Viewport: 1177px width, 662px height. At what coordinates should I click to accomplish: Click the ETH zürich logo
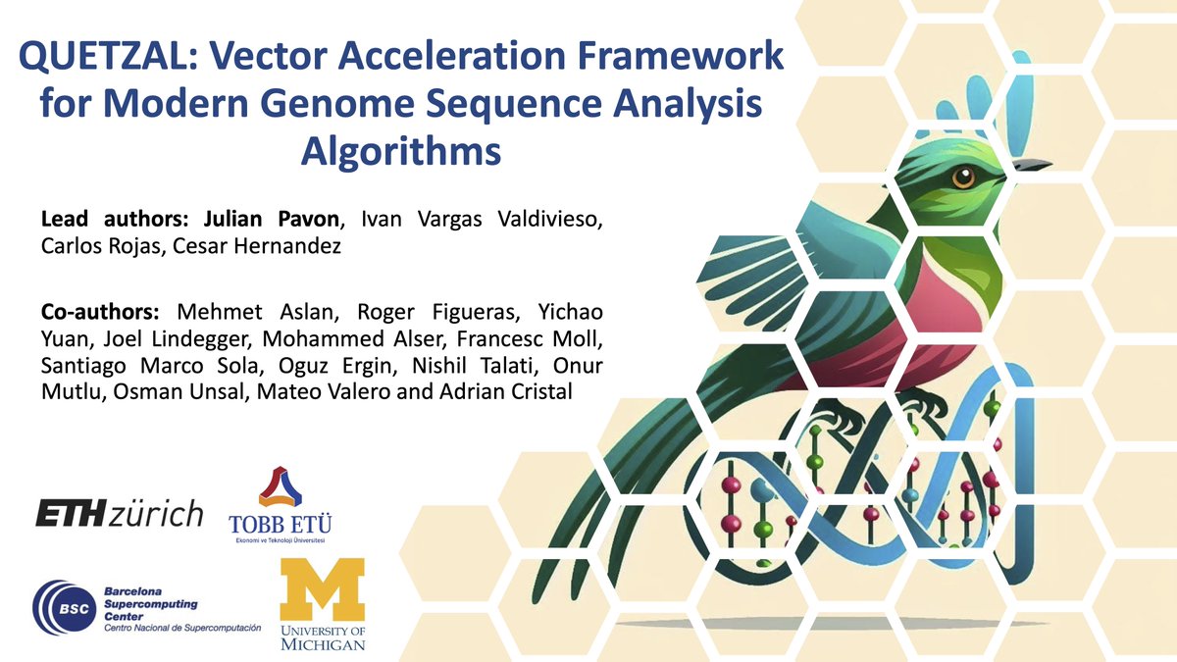[x=119, y=513]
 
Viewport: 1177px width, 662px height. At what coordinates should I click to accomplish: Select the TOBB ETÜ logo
[x=280, y=505]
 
